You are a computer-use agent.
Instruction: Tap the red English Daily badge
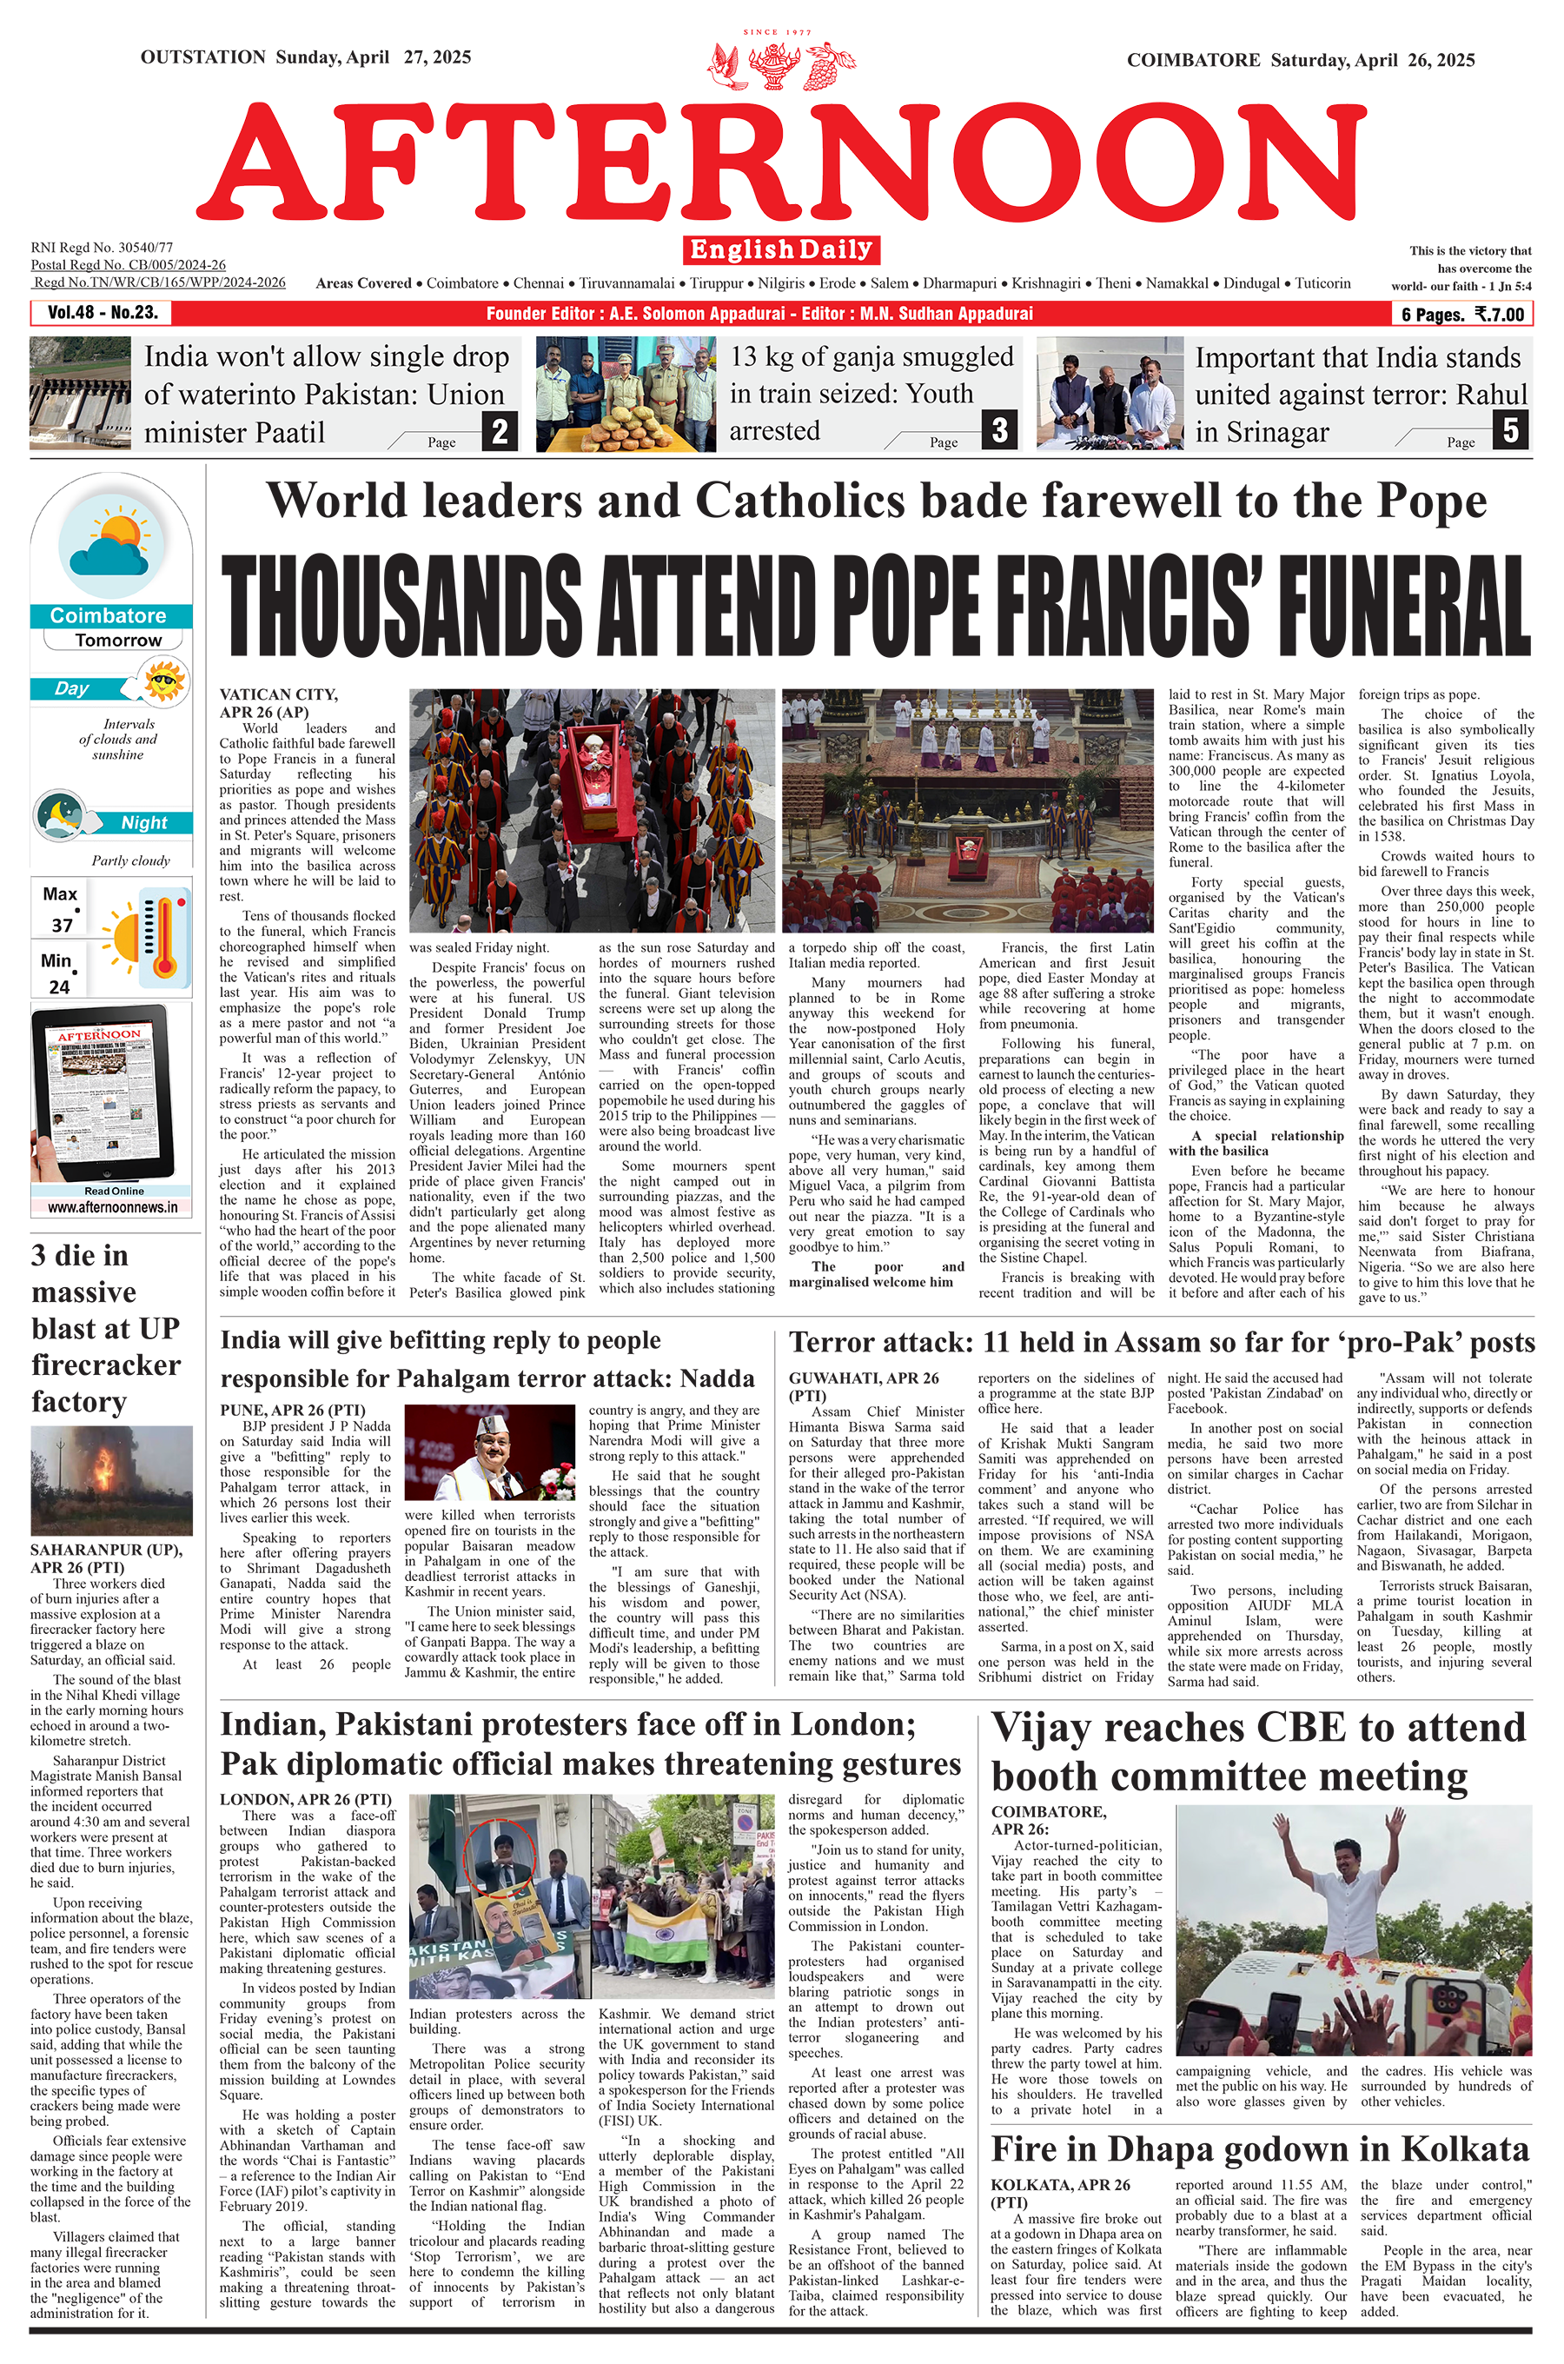781,249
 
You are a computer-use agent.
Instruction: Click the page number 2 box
500,431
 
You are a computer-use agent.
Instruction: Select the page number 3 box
999,431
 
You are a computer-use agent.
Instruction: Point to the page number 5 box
1511,431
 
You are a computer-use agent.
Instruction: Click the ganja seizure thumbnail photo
619,394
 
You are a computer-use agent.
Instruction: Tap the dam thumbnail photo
80,394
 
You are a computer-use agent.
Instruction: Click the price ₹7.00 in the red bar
1501,315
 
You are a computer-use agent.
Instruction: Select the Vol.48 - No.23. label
102,313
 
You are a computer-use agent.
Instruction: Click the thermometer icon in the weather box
163,938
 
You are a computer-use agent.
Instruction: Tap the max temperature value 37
62,926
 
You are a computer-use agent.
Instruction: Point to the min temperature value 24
59,986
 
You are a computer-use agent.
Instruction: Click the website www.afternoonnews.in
112,1207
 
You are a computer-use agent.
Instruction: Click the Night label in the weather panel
143,823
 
